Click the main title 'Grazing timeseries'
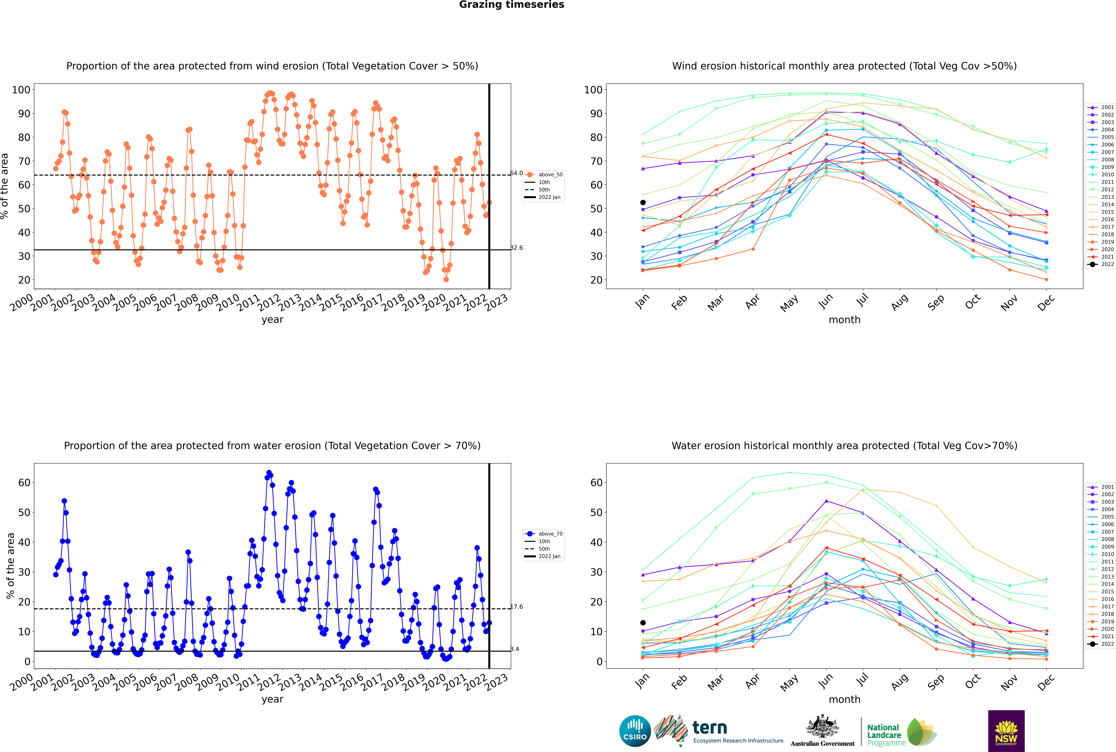coord(512,5)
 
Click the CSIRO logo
coord(635,731)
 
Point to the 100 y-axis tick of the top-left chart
coord(21,90)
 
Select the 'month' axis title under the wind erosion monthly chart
coord(844,320)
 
